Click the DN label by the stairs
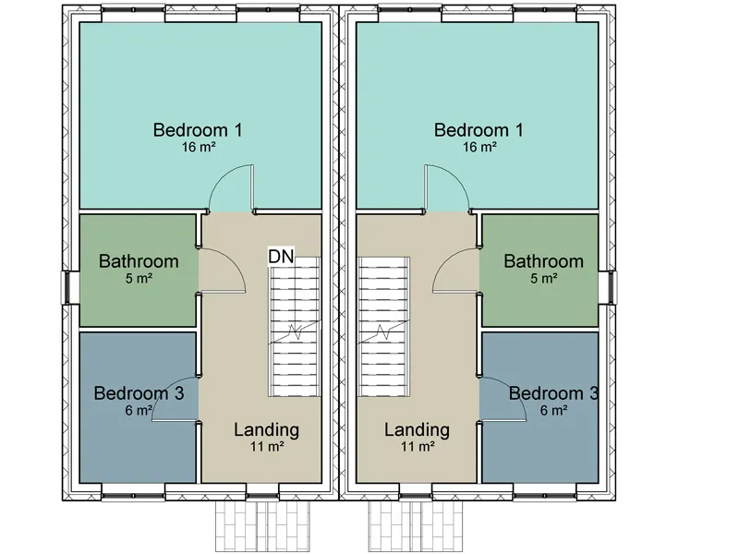[281, 257]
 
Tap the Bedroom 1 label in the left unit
[198, 130]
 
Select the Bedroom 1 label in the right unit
[479, 130]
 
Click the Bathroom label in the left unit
[139, 261]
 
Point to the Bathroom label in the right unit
[543, 261]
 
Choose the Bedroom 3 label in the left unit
[139, 393]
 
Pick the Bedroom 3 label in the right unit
[553, 393]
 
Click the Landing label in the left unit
[267, 429]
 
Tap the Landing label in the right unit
[417, 429]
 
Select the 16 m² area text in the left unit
[199, 147]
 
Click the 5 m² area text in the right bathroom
[544, 279]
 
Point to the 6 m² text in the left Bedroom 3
[139, 410]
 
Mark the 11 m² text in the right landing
[418, 446]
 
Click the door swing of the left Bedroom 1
[223, 175]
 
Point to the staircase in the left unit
[295, 327]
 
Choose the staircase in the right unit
[383, 327]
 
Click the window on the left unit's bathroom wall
[67, 287]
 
